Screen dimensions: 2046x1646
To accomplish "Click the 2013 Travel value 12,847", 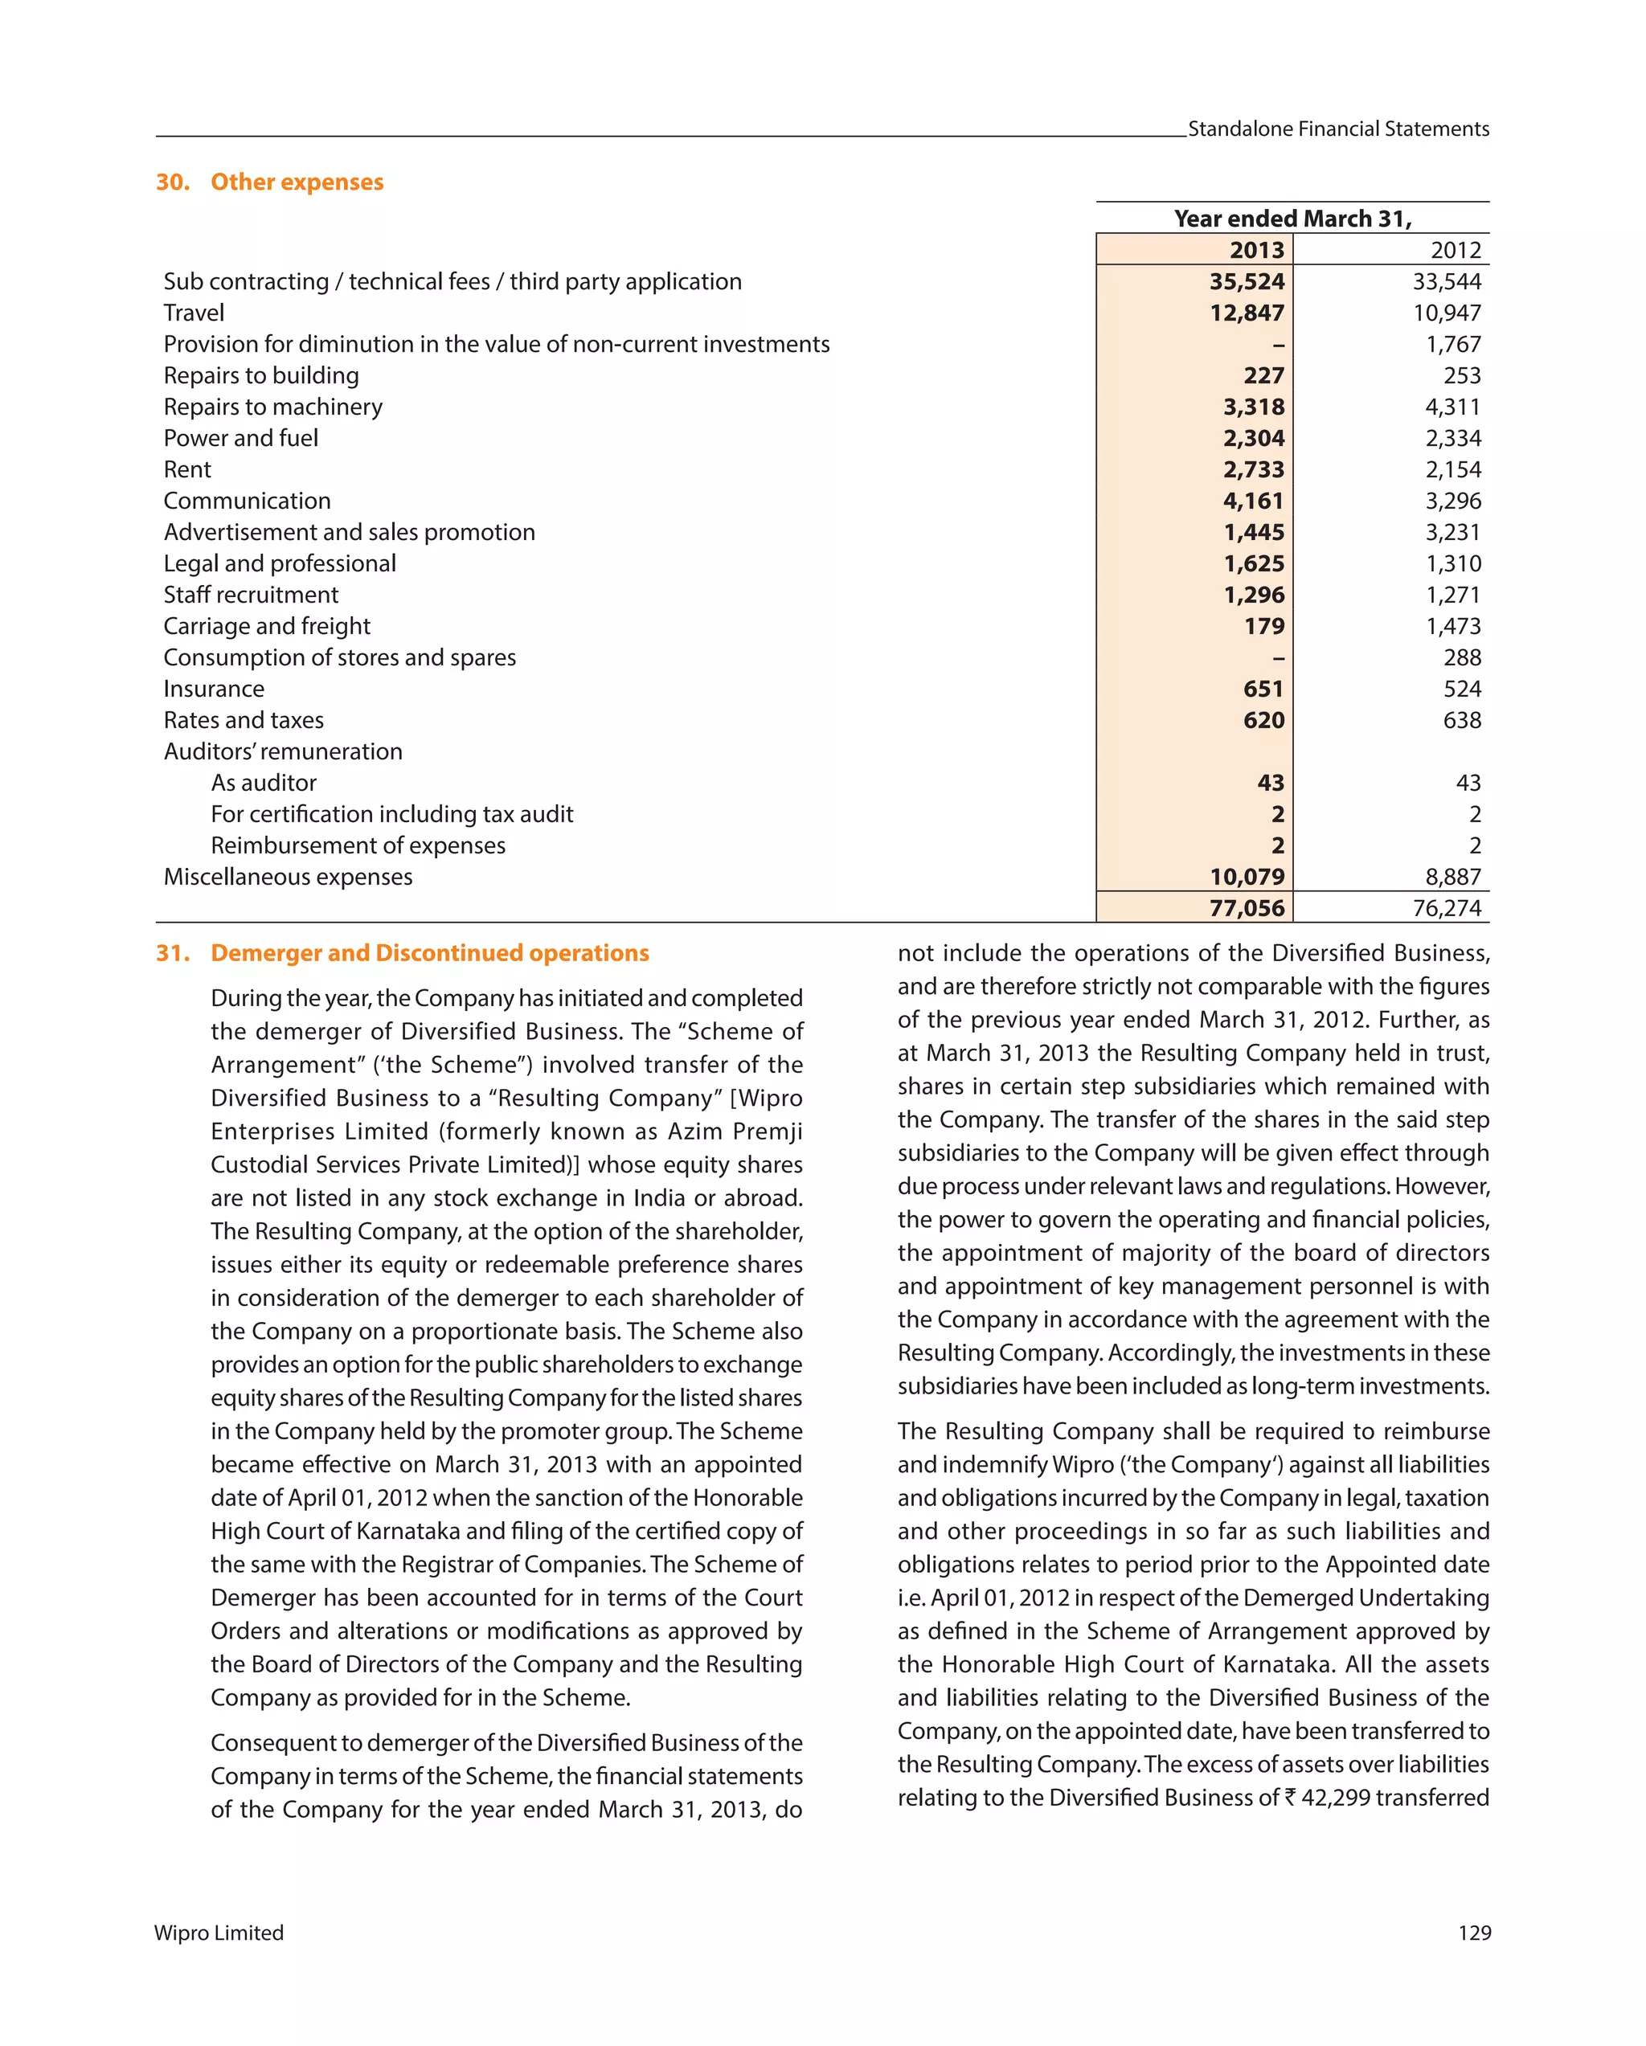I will pyautogui.click(x=1247, y=313).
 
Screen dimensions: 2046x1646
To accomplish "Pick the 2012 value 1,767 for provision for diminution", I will pyautogui.click(x=1452, y=345).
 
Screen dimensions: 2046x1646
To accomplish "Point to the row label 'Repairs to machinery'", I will pyautogui.click(x=273, y=407).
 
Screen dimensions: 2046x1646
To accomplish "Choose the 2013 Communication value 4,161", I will pyautogui.click(x=1253, y=501).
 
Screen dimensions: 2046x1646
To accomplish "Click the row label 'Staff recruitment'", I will pyautogui.click(x=251, y=595).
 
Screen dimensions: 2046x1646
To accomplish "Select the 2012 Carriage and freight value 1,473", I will pyautogui.click(x=1452, y=626).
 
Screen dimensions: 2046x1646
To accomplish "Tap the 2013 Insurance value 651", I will pyautogui.click(x=1263, y=689).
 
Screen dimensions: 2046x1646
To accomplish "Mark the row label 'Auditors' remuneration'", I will pyautogui.click(x=283, y=751).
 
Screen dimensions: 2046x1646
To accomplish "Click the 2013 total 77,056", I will pyautogui.click(x=1247, y=908).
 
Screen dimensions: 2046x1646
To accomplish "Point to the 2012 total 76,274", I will pyautogui.click(x=1446, y=908).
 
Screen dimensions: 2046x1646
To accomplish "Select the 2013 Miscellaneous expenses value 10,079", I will pyautogui.click(x=1247, y=877).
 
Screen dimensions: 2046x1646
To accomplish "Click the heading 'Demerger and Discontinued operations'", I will pyautogui.click(x=430, y=953).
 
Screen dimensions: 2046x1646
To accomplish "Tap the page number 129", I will pyautogui.click(x=1473, y=1933).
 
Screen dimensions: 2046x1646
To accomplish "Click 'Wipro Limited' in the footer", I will pyautogui.click(x=219, y=1933).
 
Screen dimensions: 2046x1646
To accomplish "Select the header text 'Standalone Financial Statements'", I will pyautogui.click(x=1337, y=129).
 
